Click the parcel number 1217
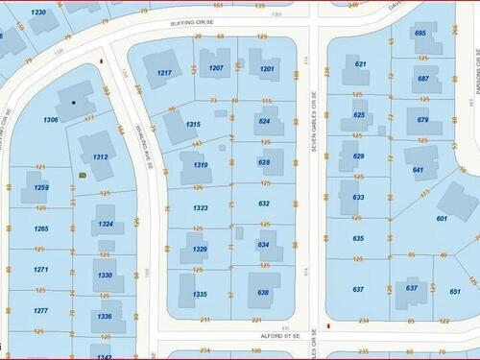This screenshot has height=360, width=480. click(164, 74)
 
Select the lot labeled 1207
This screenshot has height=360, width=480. click(217, 67)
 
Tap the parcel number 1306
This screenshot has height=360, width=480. click(52, 119)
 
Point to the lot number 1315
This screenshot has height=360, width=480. click(194, 124)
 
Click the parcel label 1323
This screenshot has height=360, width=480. click(200, 206)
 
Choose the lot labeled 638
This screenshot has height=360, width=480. click(263, 292)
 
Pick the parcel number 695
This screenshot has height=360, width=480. click(420, 34)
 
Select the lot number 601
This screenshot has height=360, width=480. click(442, 218)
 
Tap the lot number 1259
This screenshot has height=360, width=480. click(41, 187)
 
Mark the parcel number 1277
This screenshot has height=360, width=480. click(41, 310)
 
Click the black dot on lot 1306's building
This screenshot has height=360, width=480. click(73, 101)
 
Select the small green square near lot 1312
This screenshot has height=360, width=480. click(82, 176)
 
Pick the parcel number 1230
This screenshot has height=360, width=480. click(38, 12)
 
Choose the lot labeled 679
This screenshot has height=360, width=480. click(422, 120)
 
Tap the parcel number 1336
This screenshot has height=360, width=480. click(105, 316)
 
